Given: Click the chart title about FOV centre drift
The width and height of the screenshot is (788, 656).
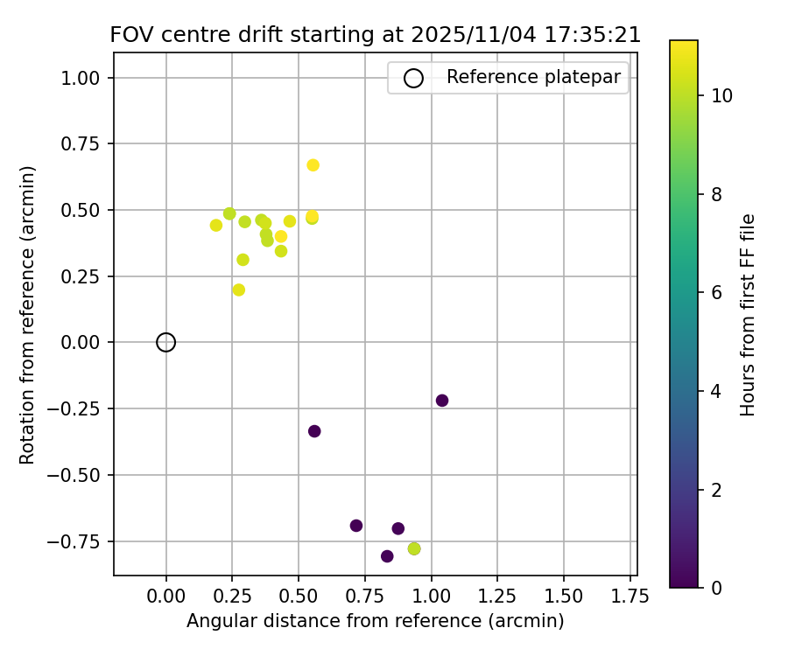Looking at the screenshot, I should coord(375,35).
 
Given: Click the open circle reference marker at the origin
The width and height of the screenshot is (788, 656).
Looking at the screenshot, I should coord(166,342).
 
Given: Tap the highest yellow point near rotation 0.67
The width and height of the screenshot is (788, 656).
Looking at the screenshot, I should coord(313,165).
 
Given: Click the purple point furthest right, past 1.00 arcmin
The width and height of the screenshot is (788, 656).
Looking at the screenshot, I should coord(442,401).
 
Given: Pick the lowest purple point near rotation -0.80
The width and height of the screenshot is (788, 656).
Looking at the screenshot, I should coord(387,556).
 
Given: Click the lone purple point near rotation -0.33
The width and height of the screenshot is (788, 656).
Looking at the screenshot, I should coord(314,431).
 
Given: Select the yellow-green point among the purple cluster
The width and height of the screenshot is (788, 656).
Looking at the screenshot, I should coord(414,548).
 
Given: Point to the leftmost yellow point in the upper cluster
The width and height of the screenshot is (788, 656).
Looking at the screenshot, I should coord(216,226).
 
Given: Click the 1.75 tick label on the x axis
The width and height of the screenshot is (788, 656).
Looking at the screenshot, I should coord(630,597).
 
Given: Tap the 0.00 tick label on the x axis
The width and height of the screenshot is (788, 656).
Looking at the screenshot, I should coord(166,597).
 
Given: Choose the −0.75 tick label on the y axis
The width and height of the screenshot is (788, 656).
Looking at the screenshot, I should coord(81,541).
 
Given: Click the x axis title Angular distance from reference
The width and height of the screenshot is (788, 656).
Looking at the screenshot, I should coord(375,621).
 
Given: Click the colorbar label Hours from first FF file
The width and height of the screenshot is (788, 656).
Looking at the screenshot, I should coord(748,314).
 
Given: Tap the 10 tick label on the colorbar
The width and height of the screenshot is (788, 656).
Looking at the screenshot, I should coord(722,95).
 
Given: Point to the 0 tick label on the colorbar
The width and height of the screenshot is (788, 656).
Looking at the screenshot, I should coord(717,587).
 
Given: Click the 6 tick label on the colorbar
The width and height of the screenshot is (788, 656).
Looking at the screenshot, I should coord(717,292).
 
